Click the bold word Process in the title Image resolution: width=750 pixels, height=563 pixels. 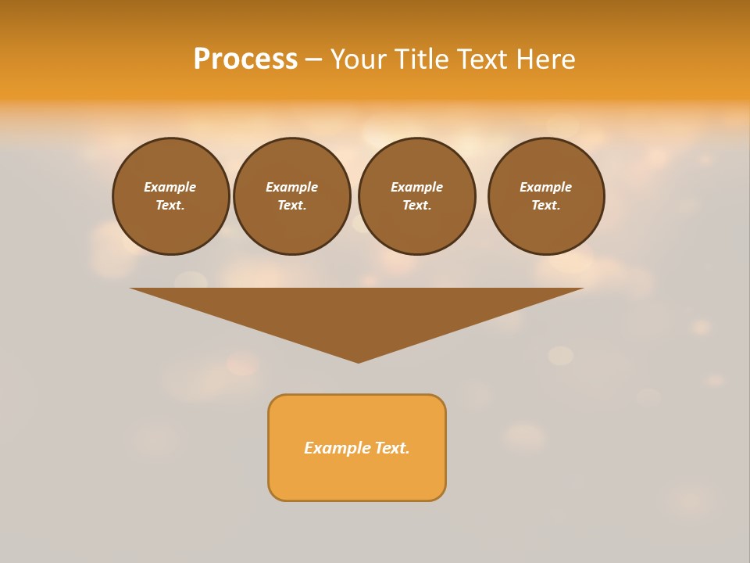click(245, 59)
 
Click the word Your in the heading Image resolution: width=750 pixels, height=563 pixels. click(357, 59)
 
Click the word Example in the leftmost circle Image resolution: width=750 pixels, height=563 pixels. click(170, 187)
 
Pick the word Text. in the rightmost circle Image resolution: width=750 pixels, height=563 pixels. click(546, 206)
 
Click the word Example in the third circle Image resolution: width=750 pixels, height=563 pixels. click(416, 187)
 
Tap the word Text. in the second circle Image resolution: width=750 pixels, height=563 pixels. click(292, 206)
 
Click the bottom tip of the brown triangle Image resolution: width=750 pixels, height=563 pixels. click(358, 360)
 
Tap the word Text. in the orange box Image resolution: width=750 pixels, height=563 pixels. click(393, 448)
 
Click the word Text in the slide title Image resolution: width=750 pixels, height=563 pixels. click(482, 59)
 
